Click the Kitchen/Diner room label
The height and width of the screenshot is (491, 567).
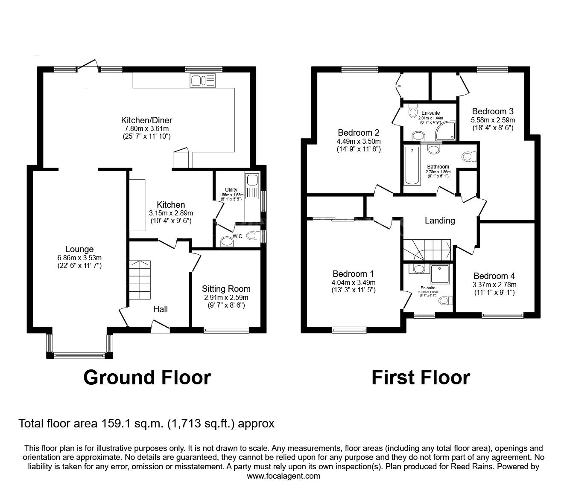[x=146, y=120]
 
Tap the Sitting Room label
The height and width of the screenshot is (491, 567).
[x=226, y=289]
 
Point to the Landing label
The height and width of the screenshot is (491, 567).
[x=440, y=221]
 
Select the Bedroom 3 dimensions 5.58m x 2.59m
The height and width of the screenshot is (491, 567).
[x=493, y=120]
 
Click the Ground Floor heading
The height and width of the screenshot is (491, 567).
[x=147, y=378]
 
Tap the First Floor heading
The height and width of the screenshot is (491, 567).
[x=421, y=378]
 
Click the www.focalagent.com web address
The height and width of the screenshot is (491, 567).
[x=283, y=476]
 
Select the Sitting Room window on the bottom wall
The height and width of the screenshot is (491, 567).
[x=226, y=329]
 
